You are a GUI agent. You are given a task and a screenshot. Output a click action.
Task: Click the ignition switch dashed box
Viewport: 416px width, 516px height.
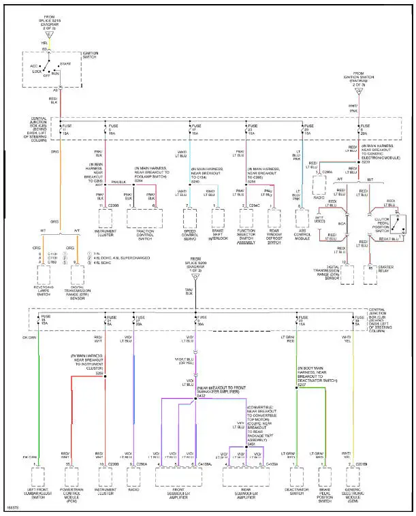59,69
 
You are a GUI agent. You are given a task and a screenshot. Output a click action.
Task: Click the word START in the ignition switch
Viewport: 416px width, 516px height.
65,63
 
